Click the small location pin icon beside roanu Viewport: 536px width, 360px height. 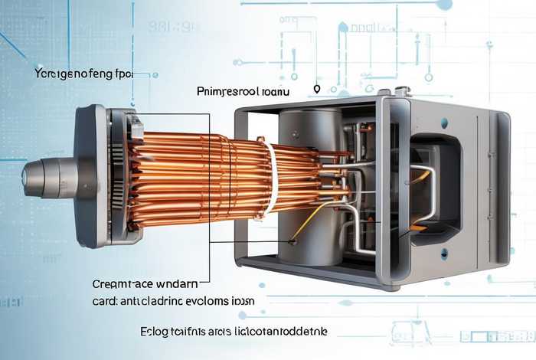click(x=316, y=90)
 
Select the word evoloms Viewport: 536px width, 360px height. click(x=203, y=300)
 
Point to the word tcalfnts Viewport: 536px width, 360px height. click(x=191, y=331)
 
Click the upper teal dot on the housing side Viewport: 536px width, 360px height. click(x=444, y=123)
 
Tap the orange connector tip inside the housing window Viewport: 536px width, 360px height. click(x=418, y=227)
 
